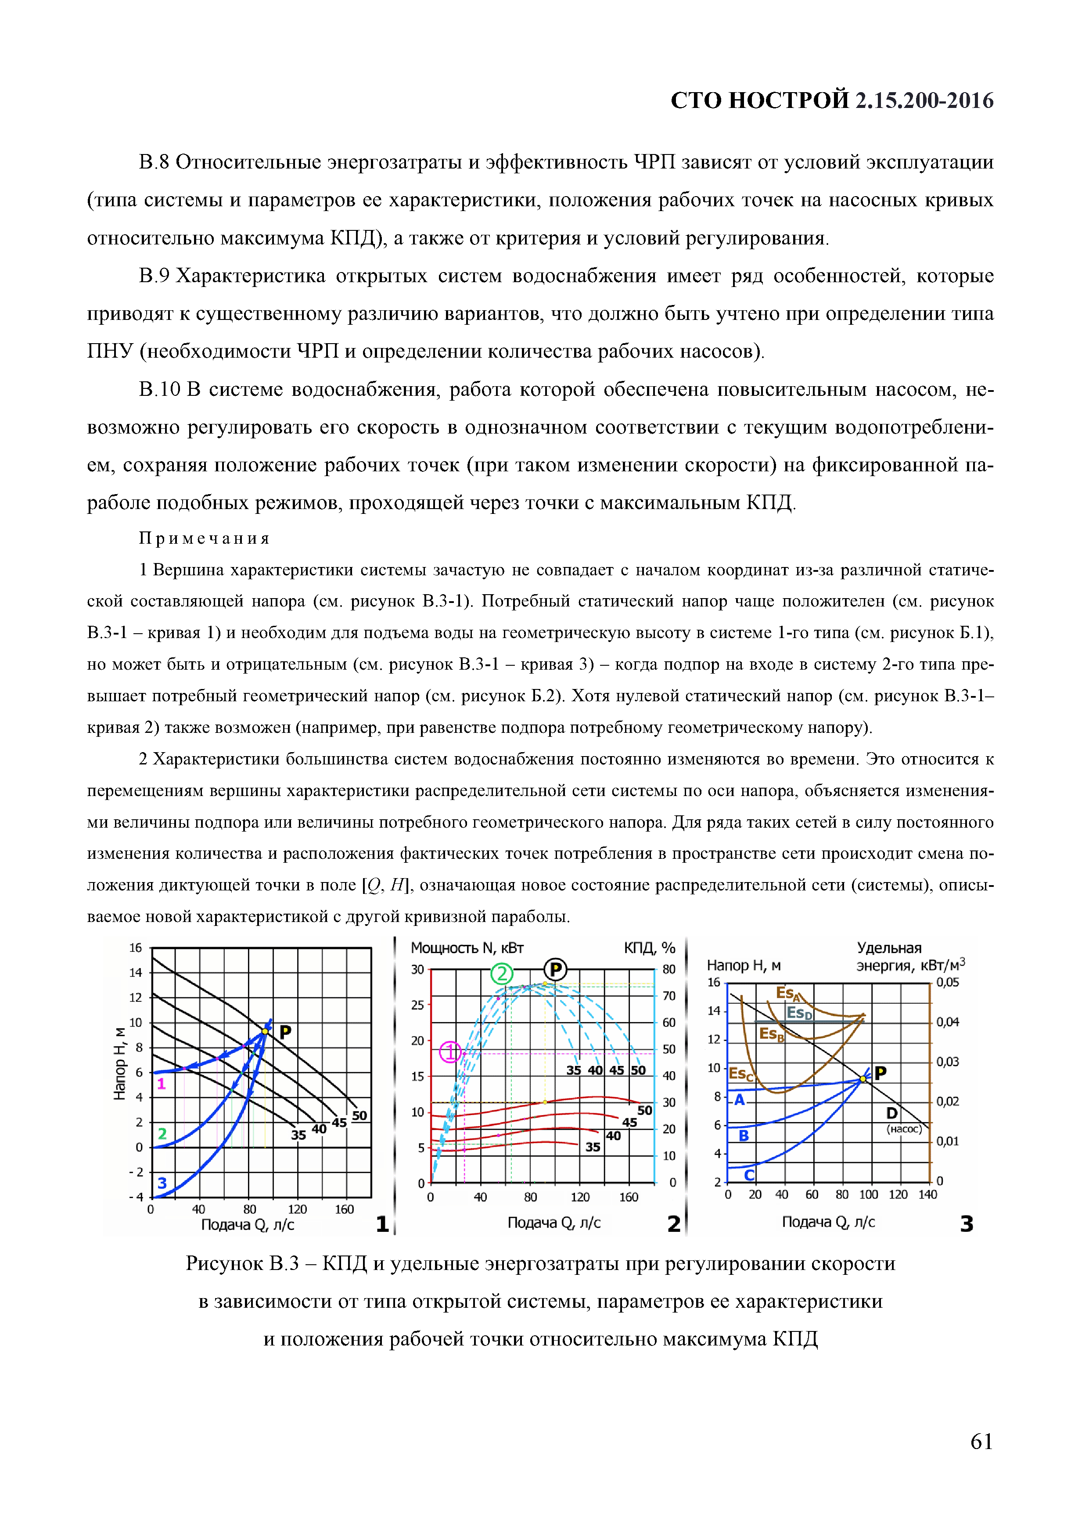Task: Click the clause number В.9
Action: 154,276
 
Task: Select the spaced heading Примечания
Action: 205,538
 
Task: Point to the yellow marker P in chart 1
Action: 266,1031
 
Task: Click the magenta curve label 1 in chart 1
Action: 161,1084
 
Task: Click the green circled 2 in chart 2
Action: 502,974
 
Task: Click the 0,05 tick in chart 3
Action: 948,983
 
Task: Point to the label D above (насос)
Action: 892,1113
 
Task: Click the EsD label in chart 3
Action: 799,1013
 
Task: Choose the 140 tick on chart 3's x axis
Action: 927,1195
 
